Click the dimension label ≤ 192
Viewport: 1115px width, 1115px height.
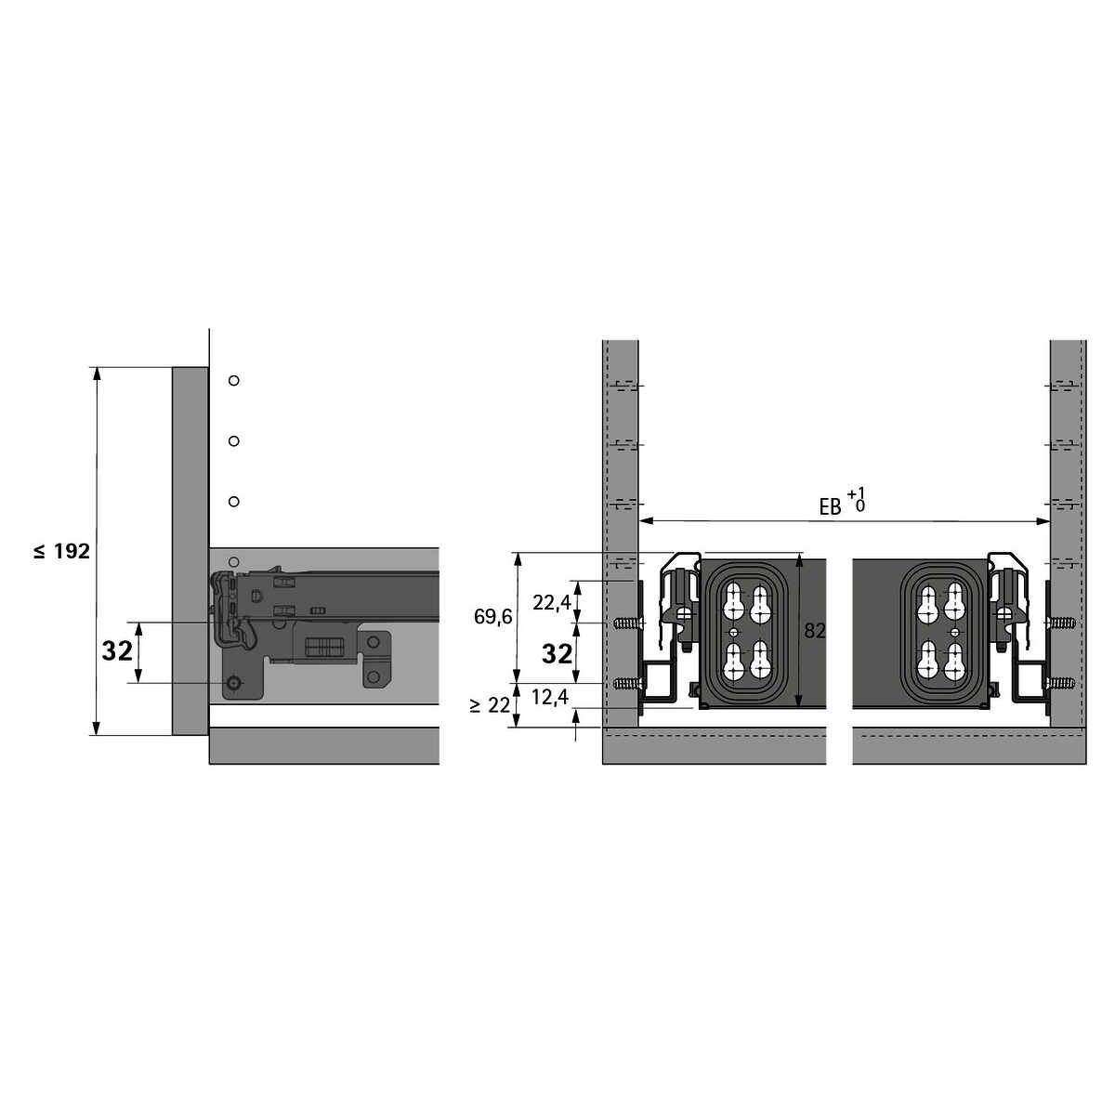point(62,551)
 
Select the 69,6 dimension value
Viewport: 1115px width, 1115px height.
point(493,617)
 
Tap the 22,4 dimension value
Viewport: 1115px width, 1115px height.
point(551,603)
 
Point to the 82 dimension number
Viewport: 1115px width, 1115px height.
point(815,631)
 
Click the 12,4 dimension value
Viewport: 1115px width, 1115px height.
point(550,697)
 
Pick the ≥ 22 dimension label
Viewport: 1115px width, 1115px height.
point(490,705)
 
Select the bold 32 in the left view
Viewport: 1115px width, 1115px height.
point(117,651)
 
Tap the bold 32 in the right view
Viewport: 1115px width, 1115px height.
point(557,653)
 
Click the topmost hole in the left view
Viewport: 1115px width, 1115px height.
point(234,381)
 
